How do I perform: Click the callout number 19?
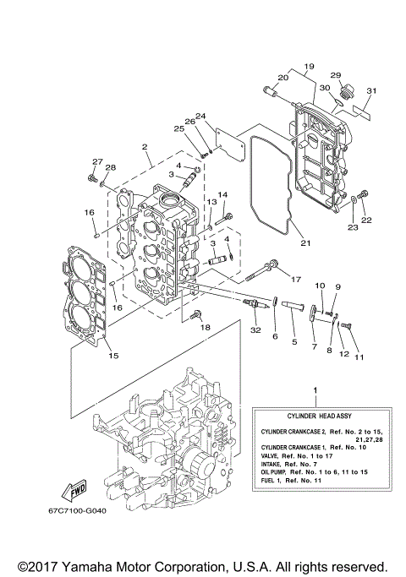coord(309,66)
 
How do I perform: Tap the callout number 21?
coord(305,244)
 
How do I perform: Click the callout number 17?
coord(295,279)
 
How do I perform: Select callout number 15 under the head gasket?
coord(112,356)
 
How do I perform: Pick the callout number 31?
coord(370,91)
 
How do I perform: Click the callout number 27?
coord(96,161)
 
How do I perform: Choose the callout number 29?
coord(335,75)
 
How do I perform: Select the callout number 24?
coord(200,116)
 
